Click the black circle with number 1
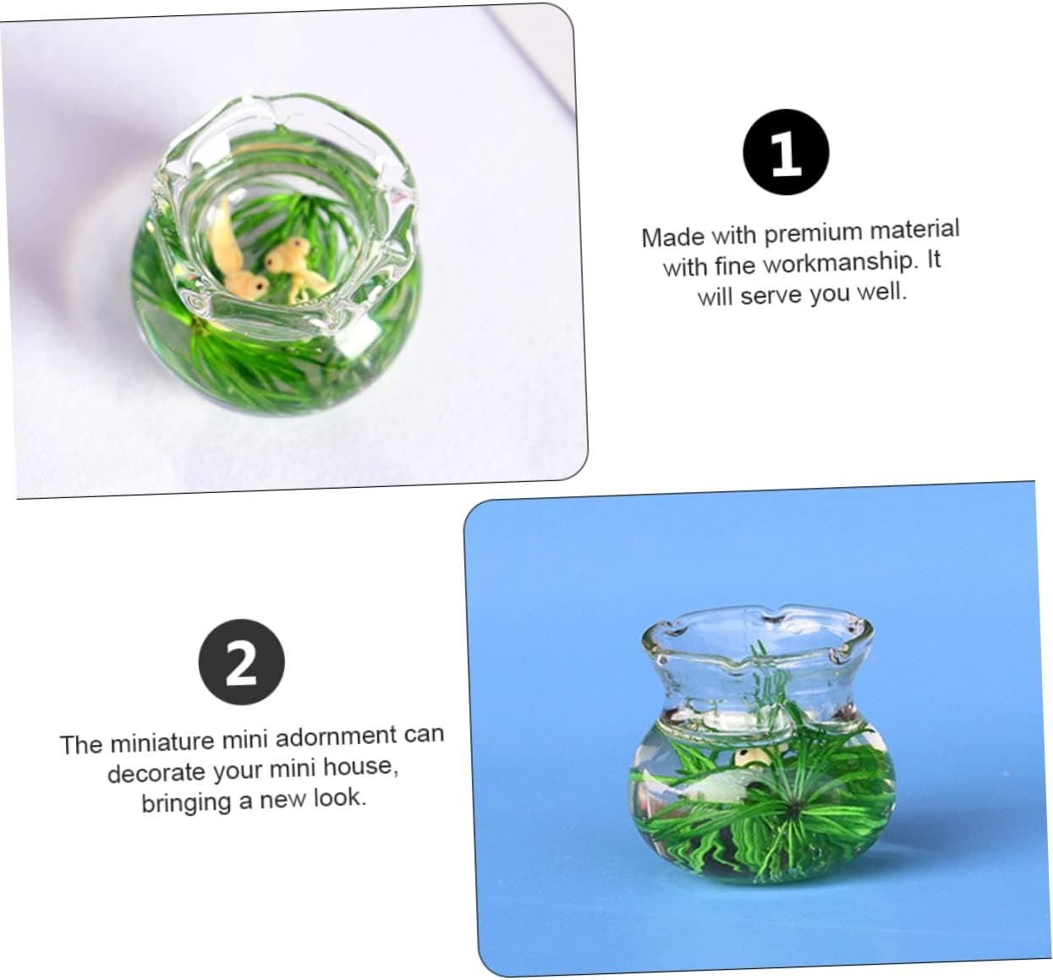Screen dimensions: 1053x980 (x=786, y=152)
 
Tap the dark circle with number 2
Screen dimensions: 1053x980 (x=241, y=662)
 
